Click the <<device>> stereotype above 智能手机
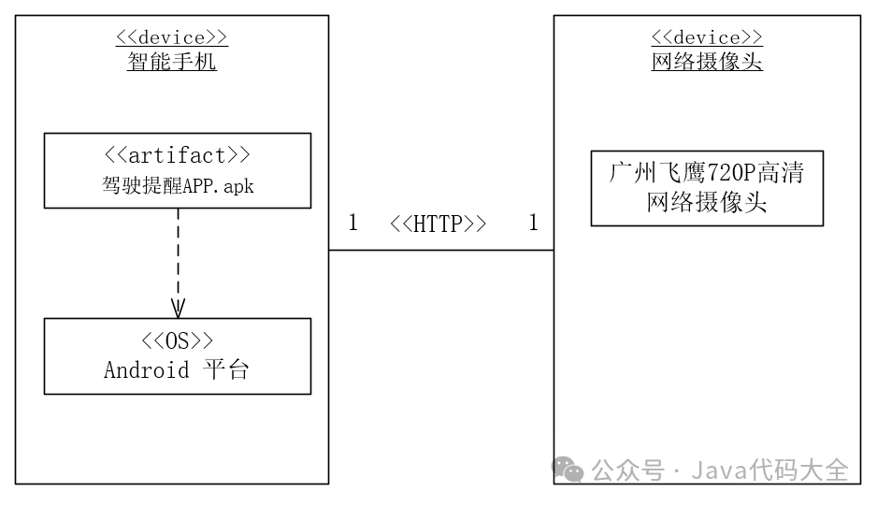[172, 38]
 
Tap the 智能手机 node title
[172, 63]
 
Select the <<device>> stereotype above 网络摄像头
[707, 38]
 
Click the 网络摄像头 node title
[707, 63]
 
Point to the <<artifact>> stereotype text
[178, 155]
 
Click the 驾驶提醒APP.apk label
[178, 186]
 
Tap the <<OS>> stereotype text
[178, 340]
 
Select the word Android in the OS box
[146, 370]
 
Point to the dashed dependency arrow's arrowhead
[178, 309]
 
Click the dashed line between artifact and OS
[178, 253]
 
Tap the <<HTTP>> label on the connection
[438, 224]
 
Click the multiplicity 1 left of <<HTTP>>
[353, 224]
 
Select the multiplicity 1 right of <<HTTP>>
[534, 224]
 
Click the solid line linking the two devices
[439, 251]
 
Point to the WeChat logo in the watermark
[568, 470]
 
